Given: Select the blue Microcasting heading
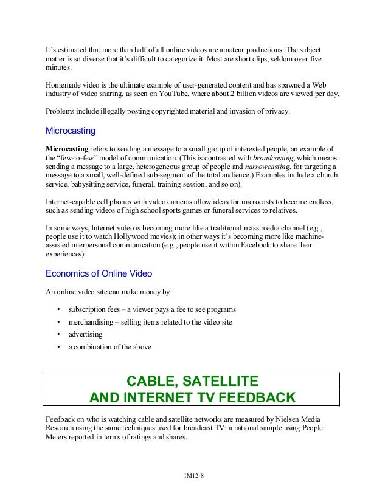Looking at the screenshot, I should (x=71, y=131).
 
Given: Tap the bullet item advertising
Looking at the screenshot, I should (x=85, y=334).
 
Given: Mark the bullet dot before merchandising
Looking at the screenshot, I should (x=58, y=321).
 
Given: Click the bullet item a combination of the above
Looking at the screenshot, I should (x=109, y=347).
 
